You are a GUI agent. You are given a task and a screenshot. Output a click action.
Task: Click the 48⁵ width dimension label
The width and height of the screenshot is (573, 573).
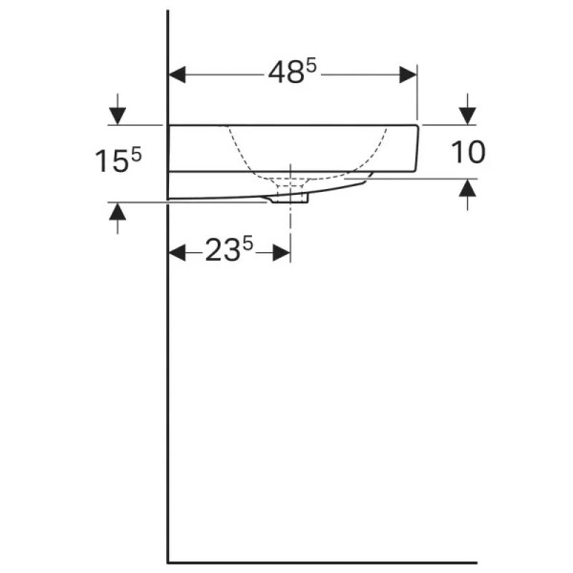[290, 73]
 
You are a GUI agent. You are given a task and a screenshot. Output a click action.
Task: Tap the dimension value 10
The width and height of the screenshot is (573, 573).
[467, 152]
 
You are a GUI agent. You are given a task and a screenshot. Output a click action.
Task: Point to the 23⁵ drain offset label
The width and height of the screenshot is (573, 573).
[228, 251]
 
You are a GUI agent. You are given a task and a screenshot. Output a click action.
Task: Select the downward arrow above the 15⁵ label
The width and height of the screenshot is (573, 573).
[117, 115]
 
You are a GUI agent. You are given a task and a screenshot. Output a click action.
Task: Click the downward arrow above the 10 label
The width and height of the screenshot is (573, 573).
[467, 114]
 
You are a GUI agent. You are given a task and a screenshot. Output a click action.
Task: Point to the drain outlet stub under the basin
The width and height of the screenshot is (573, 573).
[289, 197]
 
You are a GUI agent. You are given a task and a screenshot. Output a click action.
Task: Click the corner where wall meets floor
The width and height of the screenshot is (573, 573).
[169, 562]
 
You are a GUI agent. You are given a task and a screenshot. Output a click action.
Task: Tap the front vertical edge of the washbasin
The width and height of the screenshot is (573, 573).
[417, 148]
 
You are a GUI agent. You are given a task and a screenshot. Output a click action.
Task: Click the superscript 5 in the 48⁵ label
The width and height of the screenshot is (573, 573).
[310, 65]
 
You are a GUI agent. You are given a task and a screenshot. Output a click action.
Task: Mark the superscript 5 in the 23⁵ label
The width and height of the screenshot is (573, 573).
[247, 244]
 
